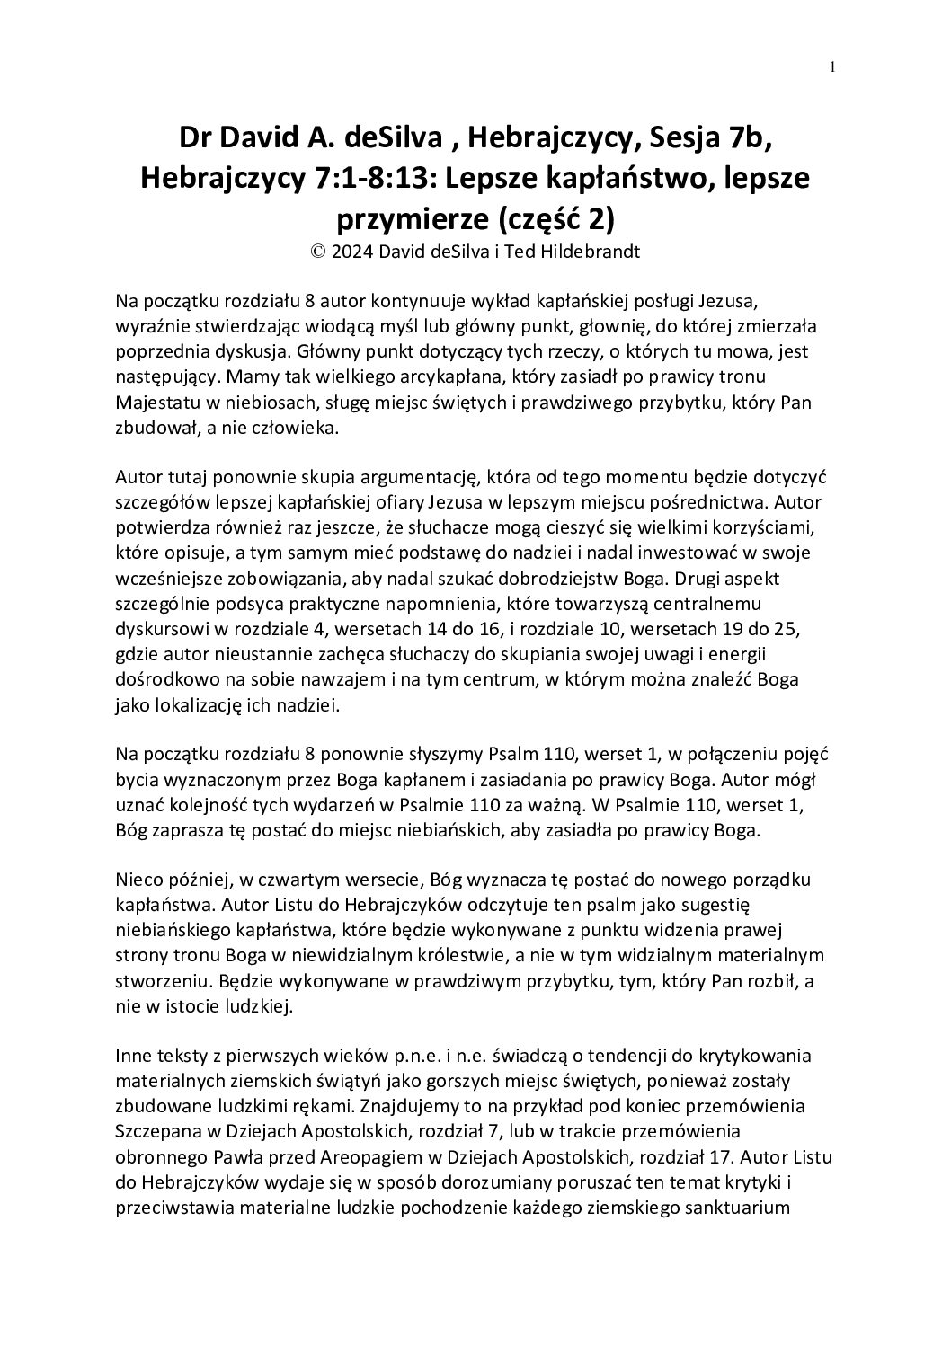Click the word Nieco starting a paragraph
pos(139,879)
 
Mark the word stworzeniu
pos(160,979)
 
